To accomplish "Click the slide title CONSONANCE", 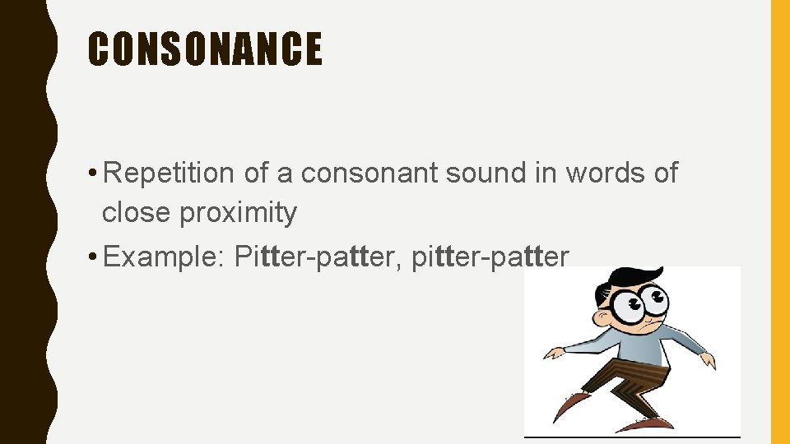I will pyautogui.click(x=205, y=49).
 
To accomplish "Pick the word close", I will pyautogui.click(x=136, y=213).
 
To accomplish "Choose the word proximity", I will pyautogui.click(x=239, y=214).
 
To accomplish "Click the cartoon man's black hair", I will pyautogui.click(x=630, y=276).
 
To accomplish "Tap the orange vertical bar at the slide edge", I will pyautogui.click(x=779, y=222).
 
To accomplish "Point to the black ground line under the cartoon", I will pyautogui.click(x=632, y=436).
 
